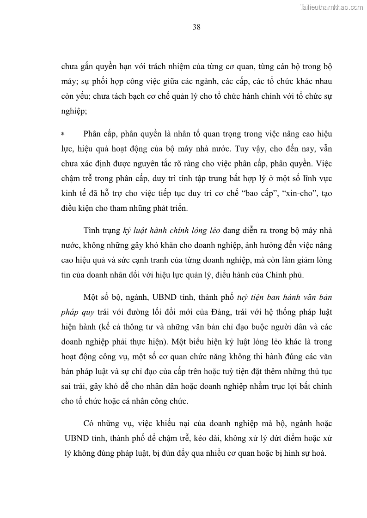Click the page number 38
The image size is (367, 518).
click(x=196, y=27)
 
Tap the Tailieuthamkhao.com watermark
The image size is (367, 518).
click(x=331, y=7)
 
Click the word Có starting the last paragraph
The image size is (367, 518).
click(x=89, y=423)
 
